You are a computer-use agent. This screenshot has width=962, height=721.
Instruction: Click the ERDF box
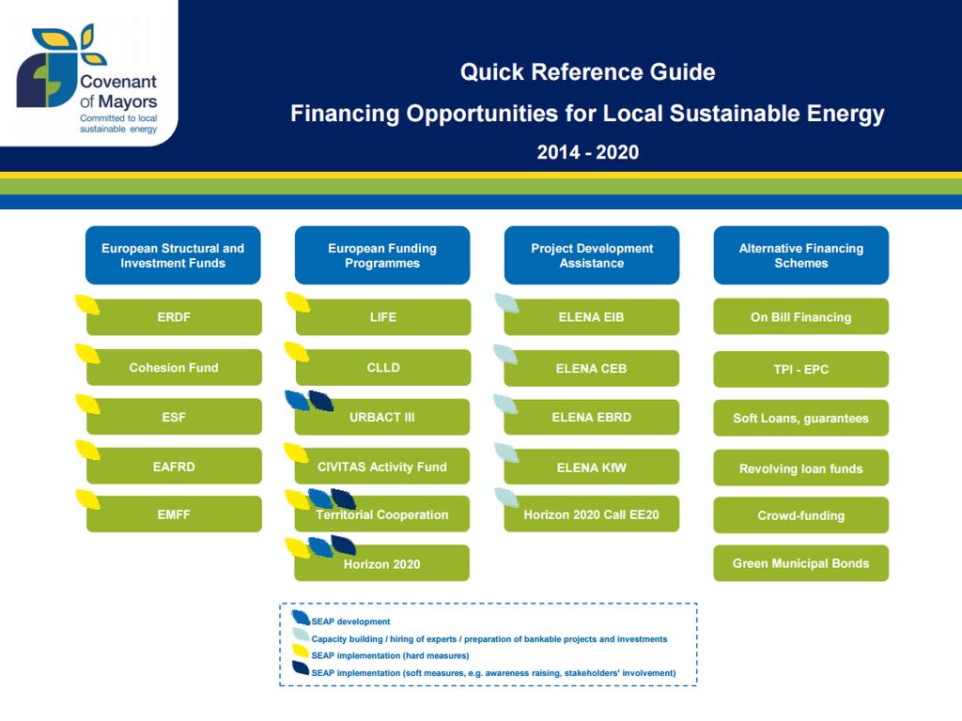pos(174,317)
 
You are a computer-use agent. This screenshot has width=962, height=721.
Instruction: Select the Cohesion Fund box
pos(174,367)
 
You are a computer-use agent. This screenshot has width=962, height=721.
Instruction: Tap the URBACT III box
pos(382,417)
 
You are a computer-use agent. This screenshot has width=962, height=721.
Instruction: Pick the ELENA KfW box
pos(592,468)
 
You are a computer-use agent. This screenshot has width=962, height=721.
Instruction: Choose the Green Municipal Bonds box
pos(800,563)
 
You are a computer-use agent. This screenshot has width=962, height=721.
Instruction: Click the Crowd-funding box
pos(800,515)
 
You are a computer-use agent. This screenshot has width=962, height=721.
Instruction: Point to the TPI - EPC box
pos(800,369)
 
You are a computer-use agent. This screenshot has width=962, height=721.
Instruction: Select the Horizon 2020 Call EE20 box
pos(592,514)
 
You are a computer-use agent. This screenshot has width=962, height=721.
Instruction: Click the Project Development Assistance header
pos(592,255)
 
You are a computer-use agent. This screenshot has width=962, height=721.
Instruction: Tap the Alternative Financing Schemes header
pos(801,255)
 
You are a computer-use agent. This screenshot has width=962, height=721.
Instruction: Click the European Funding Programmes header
pos(382,255)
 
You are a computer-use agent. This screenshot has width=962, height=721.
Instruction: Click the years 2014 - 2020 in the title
pos(588,152)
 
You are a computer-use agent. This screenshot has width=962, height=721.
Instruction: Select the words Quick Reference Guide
pos(588,71)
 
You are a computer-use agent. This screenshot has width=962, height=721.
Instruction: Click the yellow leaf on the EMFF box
pos(87,499)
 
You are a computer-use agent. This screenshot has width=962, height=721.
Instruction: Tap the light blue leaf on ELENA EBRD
pos(505,404)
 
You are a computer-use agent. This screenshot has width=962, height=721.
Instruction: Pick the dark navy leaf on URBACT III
pos(321,400)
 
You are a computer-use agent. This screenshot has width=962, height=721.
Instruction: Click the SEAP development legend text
pos(350,621)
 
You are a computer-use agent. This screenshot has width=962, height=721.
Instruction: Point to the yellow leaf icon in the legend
pos(301,652)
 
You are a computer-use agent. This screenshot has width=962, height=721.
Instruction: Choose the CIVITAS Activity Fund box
pos(382,467)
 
